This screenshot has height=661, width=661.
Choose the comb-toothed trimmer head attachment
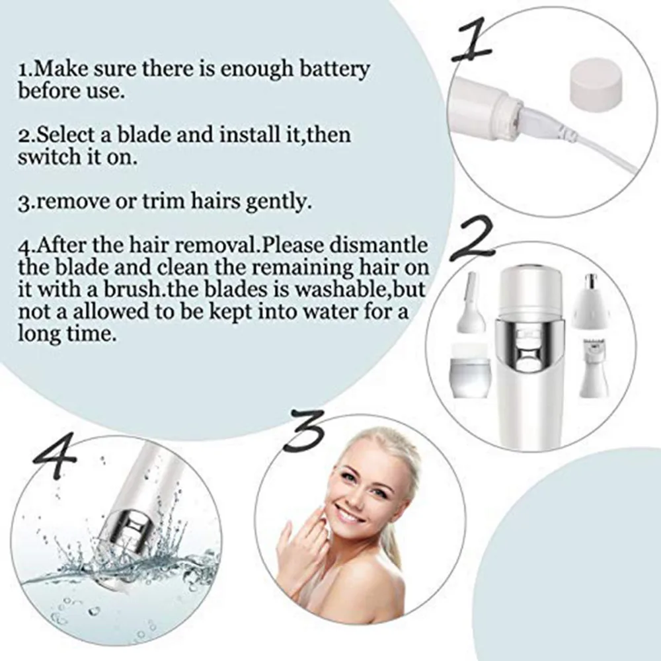point(594,367)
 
